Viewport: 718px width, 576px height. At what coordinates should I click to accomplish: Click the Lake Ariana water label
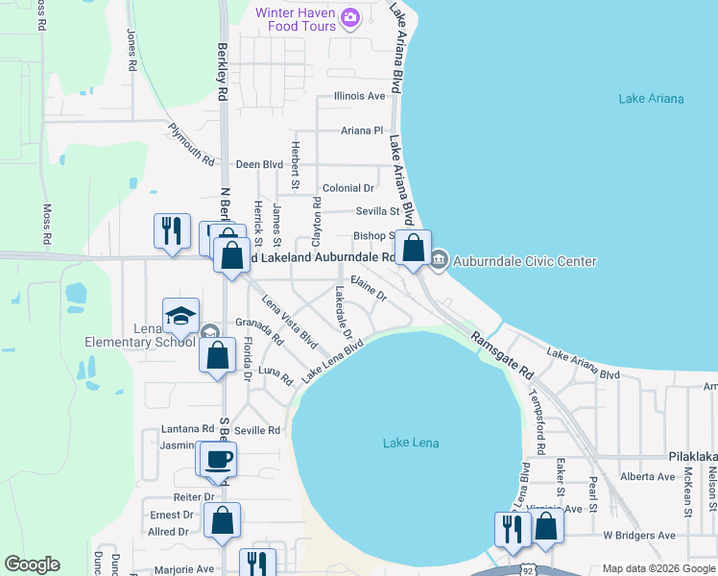pos(651,99)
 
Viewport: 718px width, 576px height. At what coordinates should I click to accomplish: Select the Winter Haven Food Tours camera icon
pos(349,16)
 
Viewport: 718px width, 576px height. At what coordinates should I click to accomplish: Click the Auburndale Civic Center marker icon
pos(439,260)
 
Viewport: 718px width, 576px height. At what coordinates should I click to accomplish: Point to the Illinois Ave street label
pos(359,96)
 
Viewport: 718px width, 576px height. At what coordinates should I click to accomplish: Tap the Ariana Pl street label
pos(362,131)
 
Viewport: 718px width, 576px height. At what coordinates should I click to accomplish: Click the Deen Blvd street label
pos(259,164)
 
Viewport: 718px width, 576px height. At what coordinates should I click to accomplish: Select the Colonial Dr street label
pos(347,188)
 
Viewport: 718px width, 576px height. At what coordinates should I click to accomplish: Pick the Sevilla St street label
pos(377,211)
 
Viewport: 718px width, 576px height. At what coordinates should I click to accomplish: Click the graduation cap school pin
pos(179,315)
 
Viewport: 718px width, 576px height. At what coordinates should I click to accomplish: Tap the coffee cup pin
pos(217,458)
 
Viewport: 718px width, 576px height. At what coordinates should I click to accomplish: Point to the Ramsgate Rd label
pos(500,355)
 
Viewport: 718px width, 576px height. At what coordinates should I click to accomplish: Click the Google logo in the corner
pos(32,564)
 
